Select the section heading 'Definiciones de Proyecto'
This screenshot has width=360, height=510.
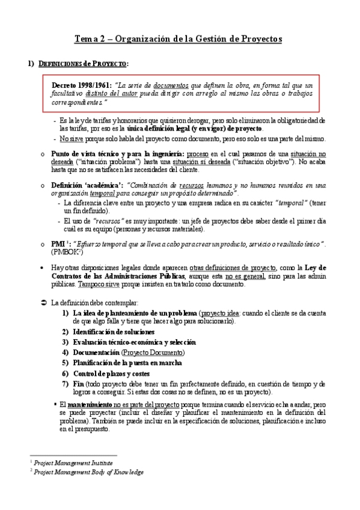coord(84,64)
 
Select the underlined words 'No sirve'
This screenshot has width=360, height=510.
coord(72,138)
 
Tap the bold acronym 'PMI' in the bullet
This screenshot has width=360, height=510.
coord(58,242)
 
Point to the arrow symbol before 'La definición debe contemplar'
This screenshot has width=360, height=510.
coord(43,302)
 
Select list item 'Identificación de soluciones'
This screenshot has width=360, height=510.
coord(112,331)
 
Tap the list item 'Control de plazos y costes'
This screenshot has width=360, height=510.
coord(114,373)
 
